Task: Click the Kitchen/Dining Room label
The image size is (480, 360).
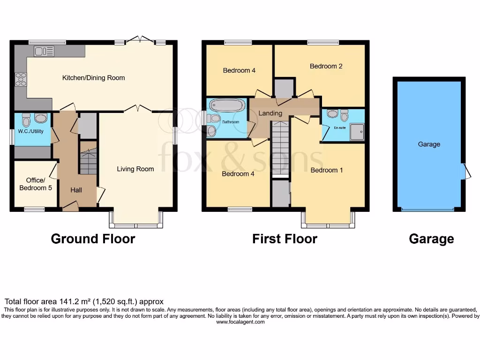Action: [94, 77]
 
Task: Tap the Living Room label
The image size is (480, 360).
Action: [135, 169]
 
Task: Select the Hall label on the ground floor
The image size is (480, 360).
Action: [76, 190]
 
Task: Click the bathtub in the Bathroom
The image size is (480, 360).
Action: [226, 105]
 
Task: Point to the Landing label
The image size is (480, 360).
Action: [270, 113]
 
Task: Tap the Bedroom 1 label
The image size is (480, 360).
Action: [327, 170]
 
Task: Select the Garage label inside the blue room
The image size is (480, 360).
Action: [429, 144]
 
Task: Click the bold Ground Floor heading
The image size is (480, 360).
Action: [93, 239]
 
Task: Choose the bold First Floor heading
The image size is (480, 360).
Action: [285, 239]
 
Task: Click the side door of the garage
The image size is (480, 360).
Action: [466, 172]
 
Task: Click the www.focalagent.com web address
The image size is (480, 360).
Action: [240, 322]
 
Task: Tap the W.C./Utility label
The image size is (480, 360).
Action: [31, 131]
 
